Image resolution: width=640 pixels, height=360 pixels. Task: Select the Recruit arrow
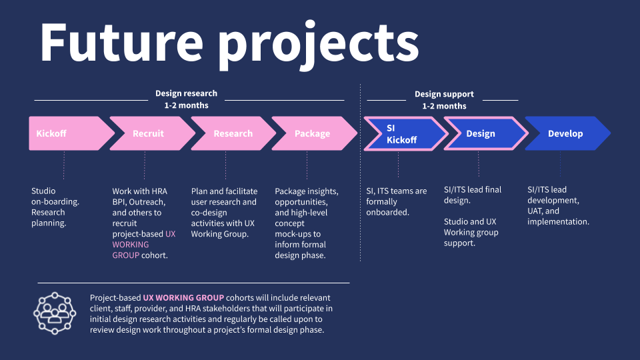pyautogui.click(x=148, y=133)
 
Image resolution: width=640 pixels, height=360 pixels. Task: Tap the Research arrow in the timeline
pyautogui.click(x=233, y=133)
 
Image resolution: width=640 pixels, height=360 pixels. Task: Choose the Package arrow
pyautogui.click(x=312, y=133)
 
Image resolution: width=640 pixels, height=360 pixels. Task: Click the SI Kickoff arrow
pyautogui.click(x=401, y=133)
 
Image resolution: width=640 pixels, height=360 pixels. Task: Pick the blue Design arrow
pyautogui.click(x=481, y=133)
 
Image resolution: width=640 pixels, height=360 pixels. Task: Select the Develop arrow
pyautogui.click(x=565, y=133)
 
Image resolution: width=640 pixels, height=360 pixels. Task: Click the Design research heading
pyautogui.click(x=186, y=93)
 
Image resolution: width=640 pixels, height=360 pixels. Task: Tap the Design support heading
pyautogui.click(x=444, y=94)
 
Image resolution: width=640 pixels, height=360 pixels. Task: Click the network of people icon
pyautogui.click(x=55, y=312)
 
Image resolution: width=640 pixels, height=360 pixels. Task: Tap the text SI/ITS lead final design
pyautogui.click(x=473, y=195)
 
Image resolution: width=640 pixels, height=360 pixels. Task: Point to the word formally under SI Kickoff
pyautogui.click(x=381, y=201)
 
